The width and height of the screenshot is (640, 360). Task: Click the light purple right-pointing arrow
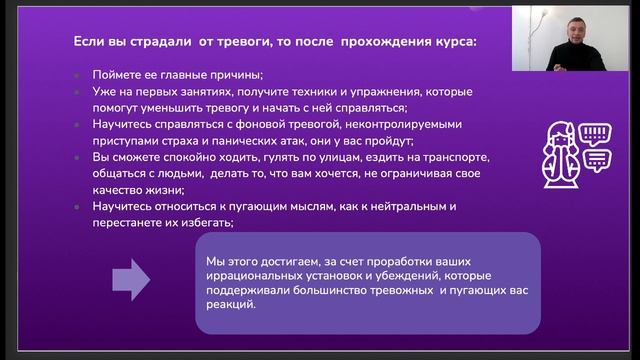click(130, 279)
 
